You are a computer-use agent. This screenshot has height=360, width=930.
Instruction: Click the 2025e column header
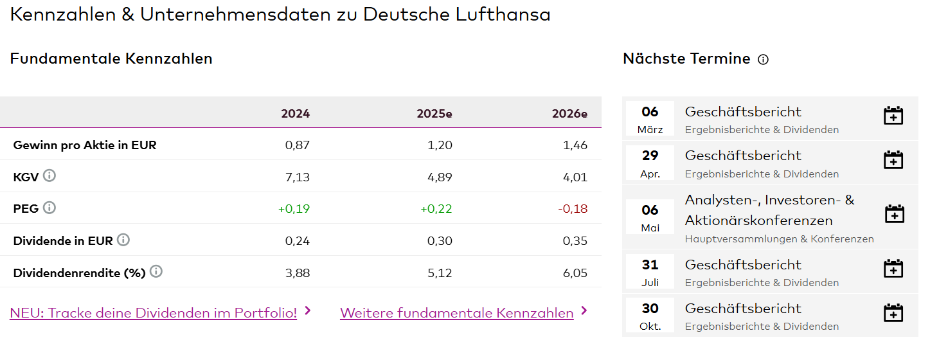click(x=434, y=114)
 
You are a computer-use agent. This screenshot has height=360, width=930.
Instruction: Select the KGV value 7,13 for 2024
click(x=297, y=177)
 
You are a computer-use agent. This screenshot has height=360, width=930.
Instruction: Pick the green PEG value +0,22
click(x=436, y=209)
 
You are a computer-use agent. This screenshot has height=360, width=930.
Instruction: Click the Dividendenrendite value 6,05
click(x=575, y=273)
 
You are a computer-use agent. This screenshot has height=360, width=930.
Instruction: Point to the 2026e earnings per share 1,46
click(x=575, y=145)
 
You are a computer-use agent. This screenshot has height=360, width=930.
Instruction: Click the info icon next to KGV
click(x=49, y=175)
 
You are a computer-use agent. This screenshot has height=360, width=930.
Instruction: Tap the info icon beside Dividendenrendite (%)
click(x=156, y=271)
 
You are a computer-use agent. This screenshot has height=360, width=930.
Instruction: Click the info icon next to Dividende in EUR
click(x=123, y=240)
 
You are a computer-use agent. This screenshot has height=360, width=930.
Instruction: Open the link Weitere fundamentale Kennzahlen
click(x=456, y=313)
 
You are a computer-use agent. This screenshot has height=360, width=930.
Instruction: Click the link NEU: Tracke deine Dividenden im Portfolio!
click(x=153, y=313)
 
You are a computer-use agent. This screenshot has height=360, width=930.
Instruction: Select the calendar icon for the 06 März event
click(x=893, y=116)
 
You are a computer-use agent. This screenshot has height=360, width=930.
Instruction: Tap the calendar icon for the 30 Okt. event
click(x=893, y=313)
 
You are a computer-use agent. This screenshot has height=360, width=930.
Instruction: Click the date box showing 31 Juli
click(x=650, y=272)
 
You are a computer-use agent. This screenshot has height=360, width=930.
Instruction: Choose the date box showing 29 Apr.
click(x=650, y=163)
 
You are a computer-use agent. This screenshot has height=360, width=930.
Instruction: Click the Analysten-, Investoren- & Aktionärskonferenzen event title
click(x=769, y=210)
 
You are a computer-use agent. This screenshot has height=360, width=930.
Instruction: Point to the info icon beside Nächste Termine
click(x=763, y=60)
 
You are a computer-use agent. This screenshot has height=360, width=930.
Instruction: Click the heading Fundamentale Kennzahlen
click(x=111, y=59)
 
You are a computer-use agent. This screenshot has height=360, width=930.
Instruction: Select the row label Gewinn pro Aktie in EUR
click(x=85, y=145)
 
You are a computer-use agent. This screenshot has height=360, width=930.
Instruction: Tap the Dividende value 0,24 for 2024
click(x=297, y=241)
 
